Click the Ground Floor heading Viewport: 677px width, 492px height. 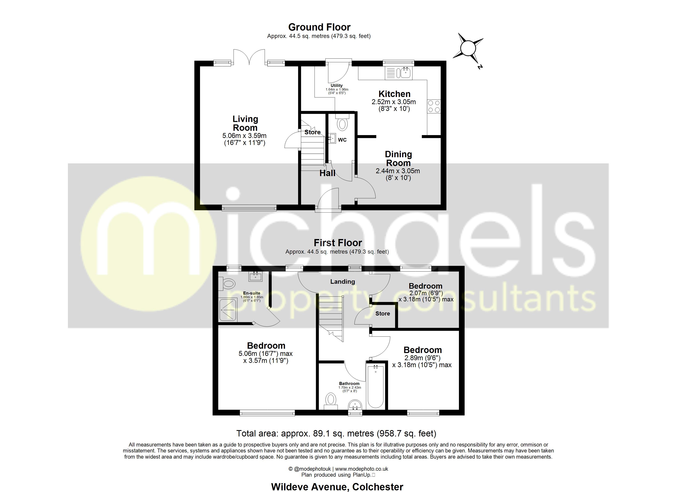[319, 27]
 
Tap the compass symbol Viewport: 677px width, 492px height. [468, 48]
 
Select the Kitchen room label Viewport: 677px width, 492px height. [394, 94]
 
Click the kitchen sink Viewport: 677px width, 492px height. [405, 73]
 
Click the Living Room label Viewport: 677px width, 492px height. [245, 123]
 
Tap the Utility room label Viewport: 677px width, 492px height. [336, 85]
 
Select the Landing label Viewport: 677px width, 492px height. [342, 281]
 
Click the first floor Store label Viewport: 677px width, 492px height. [382, 313]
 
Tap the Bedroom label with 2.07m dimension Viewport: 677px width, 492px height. [425, 286]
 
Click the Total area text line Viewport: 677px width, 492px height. [336, 433]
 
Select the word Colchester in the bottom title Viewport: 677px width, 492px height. [378, 487]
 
